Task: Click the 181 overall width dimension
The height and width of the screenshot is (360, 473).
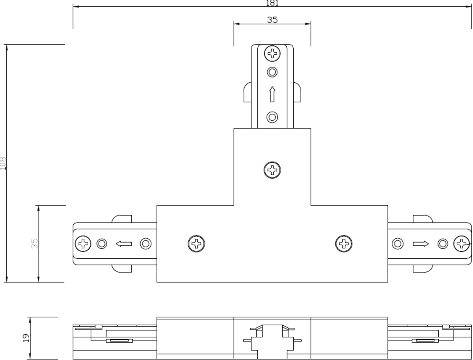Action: tap(272, 3)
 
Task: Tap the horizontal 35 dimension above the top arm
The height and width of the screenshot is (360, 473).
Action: tap(272, 19)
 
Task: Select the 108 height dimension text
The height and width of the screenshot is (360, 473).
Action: tap(3, 163)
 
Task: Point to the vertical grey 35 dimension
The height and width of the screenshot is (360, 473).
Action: tap(35, 243)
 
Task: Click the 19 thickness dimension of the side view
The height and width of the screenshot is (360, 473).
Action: tap(26, 338)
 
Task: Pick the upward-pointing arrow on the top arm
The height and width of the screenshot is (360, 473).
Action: tap(272, 95)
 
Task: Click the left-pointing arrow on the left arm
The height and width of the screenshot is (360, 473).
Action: tap(124, 244)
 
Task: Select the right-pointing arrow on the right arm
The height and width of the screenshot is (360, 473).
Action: tap(421, 244)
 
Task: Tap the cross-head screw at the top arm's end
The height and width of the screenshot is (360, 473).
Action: tap(272, 53)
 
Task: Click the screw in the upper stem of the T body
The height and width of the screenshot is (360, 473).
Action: tap(272, 170)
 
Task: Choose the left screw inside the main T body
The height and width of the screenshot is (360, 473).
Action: tap(196, 244)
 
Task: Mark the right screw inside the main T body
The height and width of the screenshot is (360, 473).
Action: tap(344, 244)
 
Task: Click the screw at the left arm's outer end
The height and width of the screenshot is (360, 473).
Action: tap(83, 244)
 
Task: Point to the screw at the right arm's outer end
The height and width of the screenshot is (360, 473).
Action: tap(462, 244)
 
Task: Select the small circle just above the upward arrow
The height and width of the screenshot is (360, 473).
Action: tap(272, 72)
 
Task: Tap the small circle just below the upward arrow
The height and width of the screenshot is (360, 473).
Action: tap(272, 117)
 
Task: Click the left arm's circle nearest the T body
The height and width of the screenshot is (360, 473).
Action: tap(146, 244)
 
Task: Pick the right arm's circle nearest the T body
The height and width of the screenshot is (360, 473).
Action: tap(398, 244)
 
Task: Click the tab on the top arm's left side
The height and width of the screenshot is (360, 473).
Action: tap(247, 92)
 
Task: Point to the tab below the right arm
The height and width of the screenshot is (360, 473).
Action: tap(423, 269)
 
